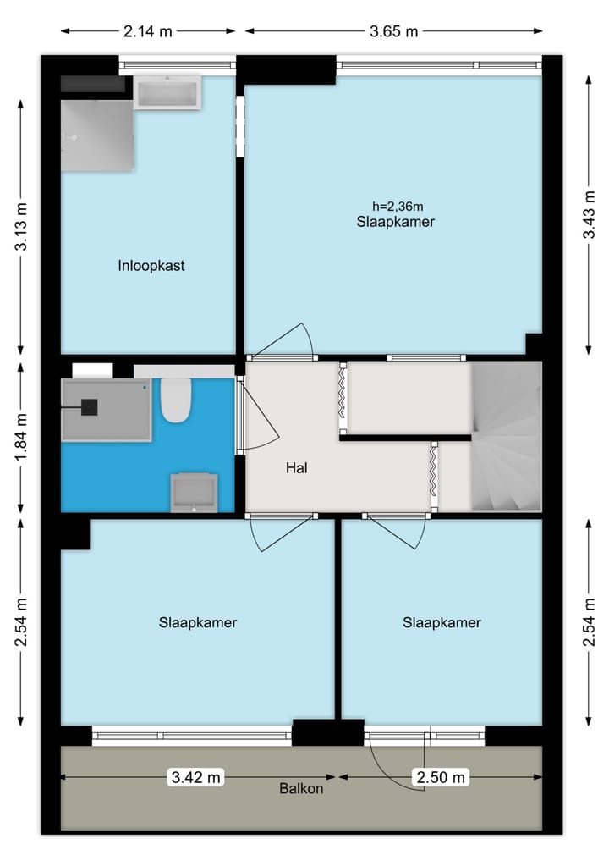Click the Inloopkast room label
tap(151, 266)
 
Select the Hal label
tap(296, 466)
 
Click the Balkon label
tap(301, 789)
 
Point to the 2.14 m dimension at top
tap(147, 31)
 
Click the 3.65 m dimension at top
tap(394, 31)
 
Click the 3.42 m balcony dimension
tap(196, 776)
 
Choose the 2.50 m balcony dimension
tap(440, 776)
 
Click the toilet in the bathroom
tap(175, 401)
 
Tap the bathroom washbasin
tap(194, 493)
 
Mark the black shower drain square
tap(88, 406)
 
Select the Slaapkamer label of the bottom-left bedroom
tap(197, 622)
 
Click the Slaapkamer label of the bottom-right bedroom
tap(442, 622)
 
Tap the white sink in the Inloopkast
tap(167, 91)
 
